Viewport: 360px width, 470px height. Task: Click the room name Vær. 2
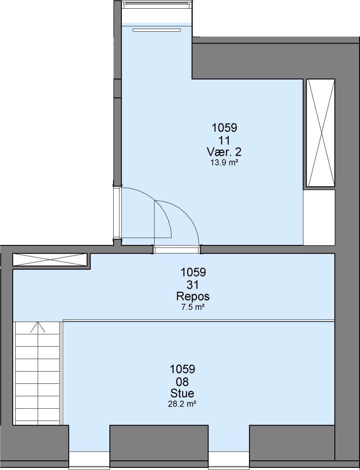(x=224, y=152)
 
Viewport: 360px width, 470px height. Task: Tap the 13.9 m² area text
(x=224, y=163)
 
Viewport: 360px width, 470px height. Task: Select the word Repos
(x=193, y=296)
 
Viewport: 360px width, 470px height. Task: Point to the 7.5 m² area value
(x=193, y=307)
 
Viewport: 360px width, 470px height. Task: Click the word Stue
(x=182, y=393)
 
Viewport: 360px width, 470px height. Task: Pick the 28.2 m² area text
(x=182, y=404)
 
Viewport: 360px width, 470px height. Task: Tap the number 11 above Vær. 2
(x=224, y=140)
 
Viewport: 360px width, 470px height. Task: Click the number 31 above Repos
(x=193, y=285)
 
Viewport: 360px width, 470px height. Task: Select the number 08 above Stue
(x=182, y=382)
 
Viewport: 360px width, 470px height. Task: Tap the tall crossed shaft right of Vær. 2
(x=320, y=133)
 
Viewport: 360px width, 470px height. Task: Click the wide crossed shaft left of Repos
(x=50, y=259)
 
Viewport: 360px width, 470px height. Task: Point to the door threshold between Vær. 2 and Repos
(x=177, y=249)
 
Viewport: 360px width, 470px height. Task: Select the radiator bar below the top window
(x=157, y=30)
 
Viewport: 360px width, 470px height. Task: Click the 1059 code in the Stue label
(x=182, y=369)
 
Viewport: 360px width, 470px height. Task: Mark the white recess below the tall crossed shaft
(x=319, y=217)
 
